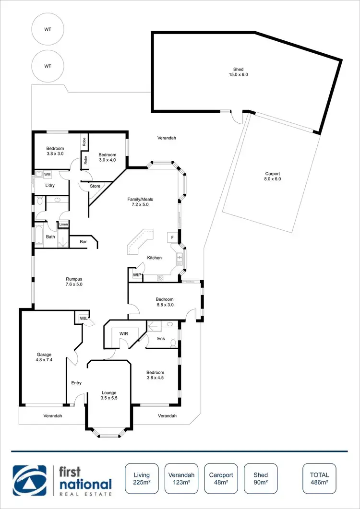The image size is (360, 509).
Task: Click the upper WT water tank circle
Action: (x=48, y=29)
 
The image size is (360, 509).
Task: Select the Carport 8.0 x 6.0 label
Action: (x=272, y=176)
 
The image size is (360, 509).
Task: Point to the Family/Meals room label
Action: (x=140, y=202)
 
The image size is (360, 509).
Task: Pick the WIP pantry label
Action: (x=137, y=275)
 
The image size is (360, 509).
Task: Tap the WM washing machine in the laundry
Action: (x=48, y=174)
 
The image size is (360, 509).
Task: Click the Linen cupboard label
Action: (x=63, y=224)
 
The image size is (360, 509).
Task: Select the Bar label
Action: (x=83, y=242)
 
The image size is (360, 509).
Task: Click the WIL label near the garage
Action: (x=83, y=318)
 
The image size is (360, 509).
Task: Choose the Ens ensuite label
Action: (x=161, y=338)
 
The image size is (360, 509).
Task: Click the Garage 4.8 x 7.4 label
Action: (x=43, y=357)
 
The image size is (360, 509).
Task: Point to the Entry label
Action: (x=76, y=383)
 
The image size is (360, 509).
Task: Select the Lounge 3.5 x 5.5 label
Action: (x=109, y=395)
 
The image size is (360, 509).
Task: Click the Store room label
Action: (x=95, y=186)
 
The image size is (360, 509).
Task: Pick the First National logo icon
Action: (x=30, y=480)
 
